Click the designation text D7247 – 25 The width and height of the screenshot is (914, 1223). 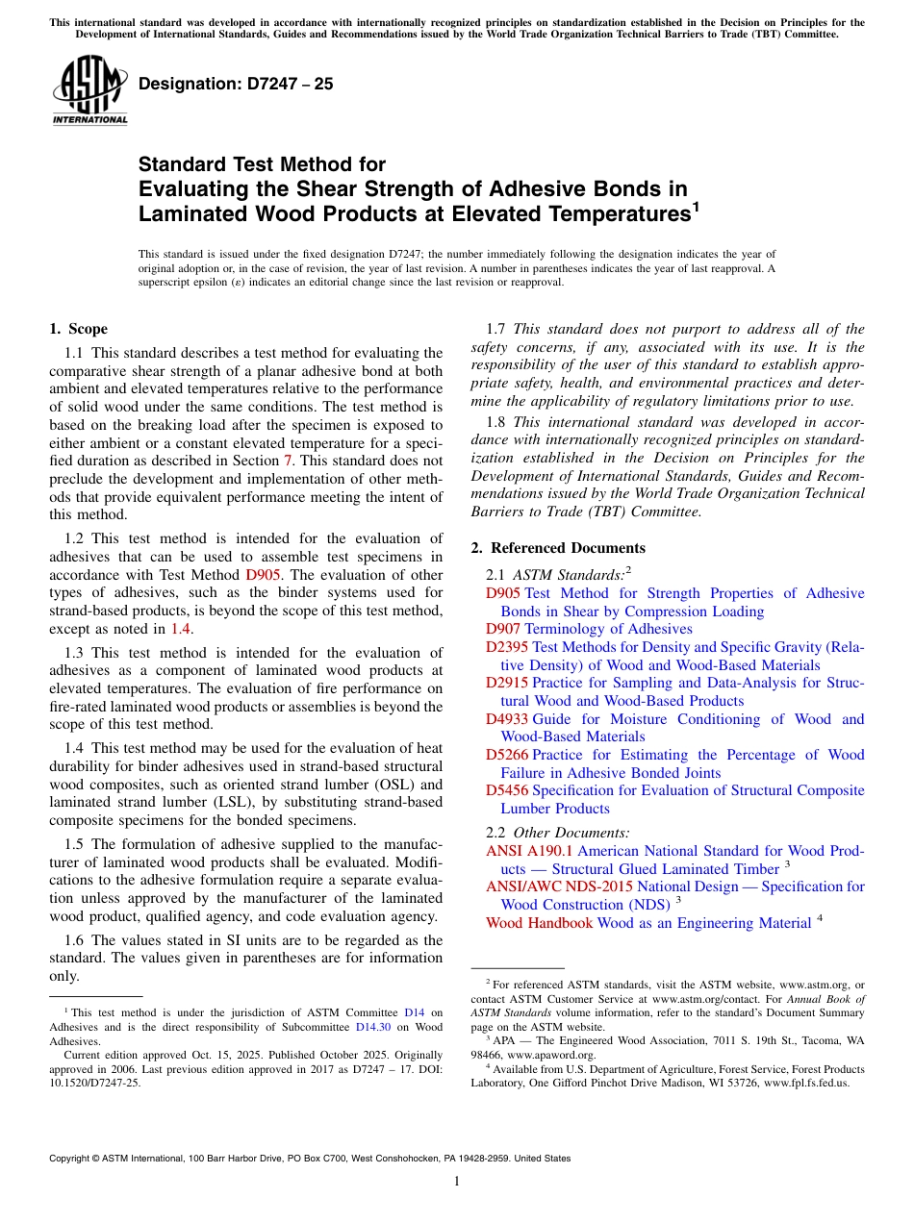point(236,84)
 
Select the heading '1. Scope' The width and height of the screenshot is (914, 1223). point(79,329)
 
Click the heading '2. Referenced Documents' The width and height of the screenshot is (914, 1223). point(558,548)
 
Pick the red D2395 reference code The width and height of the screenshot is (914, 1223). point(507,647)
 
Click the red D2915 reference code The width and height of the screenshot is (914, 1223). point(507,683)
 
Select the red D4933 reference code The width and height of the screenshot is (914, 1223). point(507,719)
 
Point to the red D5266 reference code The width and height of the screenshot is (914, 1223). point(507,755)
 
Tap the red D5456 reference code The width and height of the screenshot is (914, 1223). point(507,790)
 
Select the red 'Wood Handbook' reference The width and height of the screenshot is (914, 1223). point(539,923)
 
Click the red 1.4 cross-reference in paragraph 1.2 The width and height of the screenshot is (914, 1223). point(181,629)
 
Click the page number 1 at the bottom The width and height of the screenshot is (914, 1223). point(457,1181)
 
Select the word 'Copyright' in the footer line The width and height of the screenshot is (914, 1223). point(70,1159)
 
